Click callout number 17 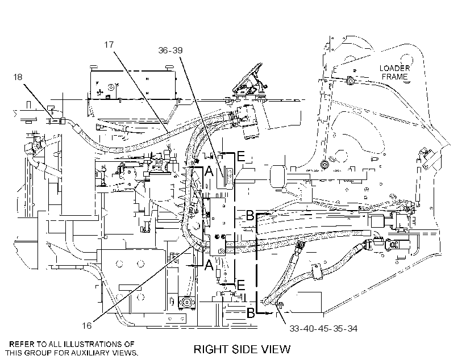coord(109,44)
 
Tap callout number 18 coord(18,77)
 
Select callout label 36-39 coord(170,50)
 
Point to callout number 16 coord(87,326)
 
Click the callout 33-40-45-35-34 coord(323,329)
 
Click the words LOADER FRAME coord(394,73)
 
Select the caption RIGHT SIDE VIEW coord(242,349)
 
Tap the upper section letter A coord(209,171)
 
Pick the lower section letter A coord(209,265)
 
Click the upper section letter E coord(241,156)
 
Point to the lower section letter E coord(241,285)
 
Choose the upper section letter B coord(250,216)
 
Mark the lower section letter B coord(251,312)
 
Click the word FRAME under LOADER coord(394,77)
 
